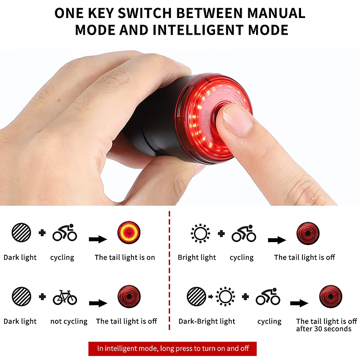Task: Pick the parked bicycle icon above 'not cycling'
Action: point(65,297)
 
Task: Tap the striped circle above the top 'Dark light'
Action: point(22,233)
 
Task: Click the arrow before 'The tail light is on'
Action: point(98,239)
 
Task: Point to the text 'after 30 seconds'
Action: point(324,329)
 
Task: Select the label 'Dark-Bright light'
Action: point(207,321)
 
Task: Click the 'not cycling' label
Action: point(69,321)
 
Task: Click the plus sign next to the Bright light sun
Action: point(221,233)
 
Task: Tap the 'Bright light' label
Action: point(197,257)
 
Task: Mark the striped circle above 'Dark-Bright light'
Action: point(197,297)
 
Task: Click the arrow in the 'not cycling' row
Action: point(98,303)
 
